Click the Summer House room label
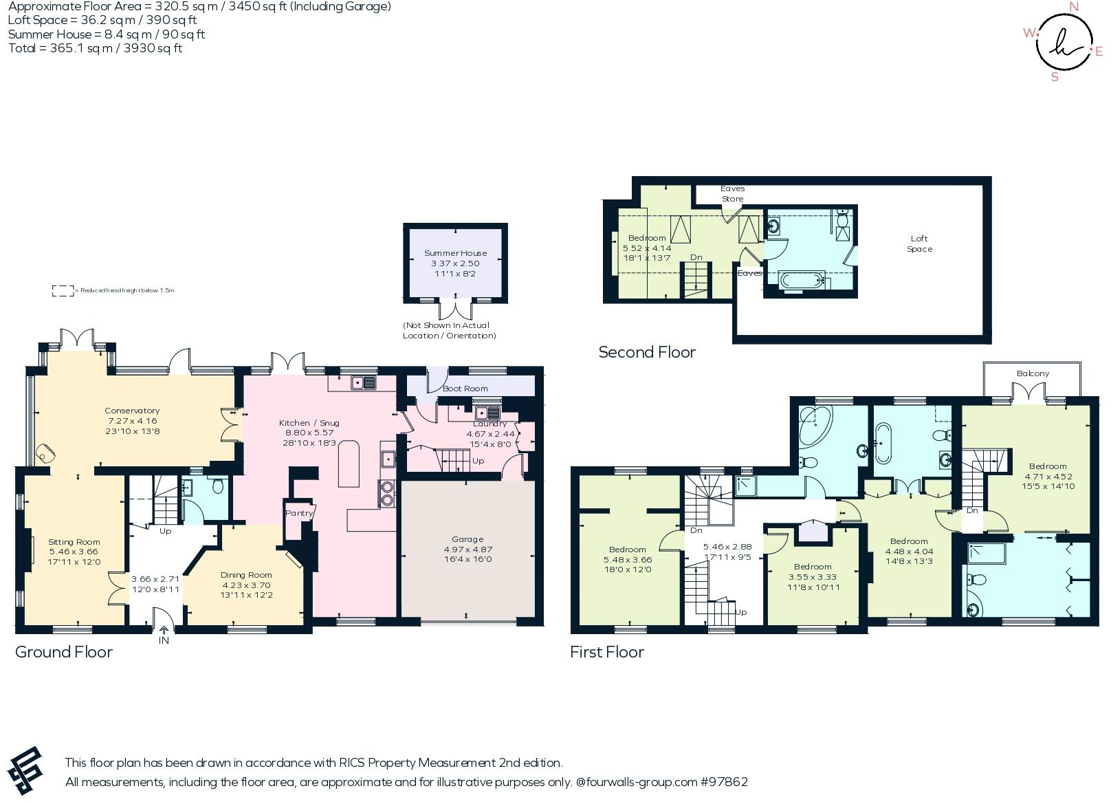[x=455, y=253]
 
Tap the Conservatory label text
[x=132, y=411]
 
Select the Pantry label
[x=298, y=513]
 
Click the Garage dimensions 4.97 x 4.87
[x=467, y=550]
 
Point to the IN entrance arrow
[x=164, y=630]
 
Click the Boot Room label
[x=465, y=389]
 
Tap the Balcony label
[x=1033, y=373]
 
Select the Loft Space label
[x=919, y=244]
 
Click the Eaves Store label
[x=732, y=193]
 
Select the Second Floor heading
[x=646, y=352]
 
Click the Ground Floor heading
[x=64, y=652]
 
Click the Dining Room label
[x=246, y=575]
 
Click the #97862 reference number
[x=724, y=782]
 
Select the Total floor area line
[x=95, y=48]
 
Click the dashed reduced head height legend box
[x=63, y=291]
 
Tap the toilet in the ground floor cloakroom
[x=218, y=487]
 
